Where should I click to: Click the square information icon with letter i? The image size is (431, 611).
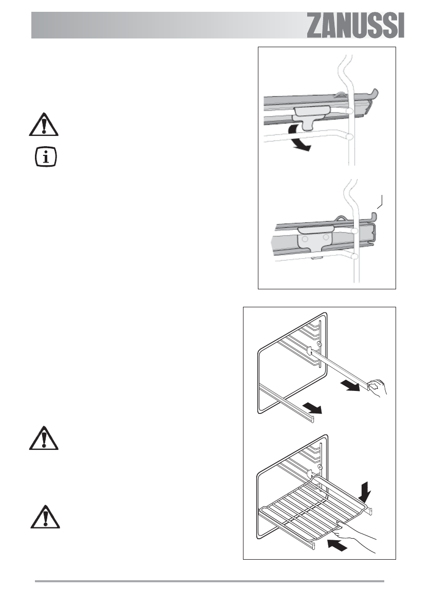click(45, 156)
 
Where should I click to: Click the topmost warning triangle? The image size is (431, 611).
click(44, 125)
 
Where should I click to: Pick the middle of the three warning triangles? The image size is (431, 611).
click(44, 438)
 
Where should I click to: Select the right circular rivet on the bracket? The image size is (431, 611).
click(326, 238)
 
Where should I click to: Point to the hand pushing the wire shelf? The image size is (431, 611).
click(360, 534)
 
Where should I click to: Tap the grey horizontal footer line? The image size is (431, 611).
click(209, 581)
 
